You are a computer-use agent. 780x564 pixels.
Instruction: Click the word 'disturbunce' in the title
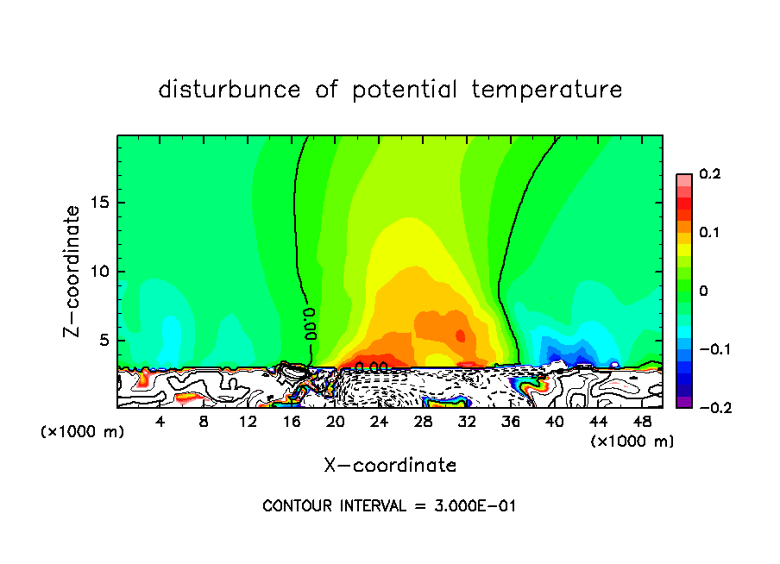pyautogui.click(x=229, y=89)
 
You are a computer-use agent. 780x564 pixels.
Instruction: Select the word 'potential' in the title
pyautogui.click(x=402, y=89)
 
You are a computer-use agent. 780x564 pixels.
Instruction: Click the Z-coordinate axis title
pyautogui.click(x=74, y=271)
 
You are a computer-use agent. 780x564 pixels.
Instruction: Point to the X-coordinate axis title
pyautogui.click(x=390, y=466)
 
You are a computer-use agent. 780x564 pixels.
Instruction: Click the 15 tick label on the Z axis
pyautogui.click(x=98, y=204)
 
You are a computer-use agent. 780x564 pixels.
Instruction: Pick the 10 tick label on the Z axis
pyautogui.click(x=98, y=272)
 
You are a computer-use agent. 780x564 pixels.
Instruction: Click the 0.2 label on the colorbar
pyautogui.click(x=709, y=174)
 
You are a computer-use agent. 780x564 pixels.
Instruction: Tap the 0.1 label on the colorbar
pyautogui.click(x=709, y=232)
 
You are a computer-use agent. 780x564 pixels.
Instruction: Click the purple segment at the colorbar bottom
pyautogui.click(x=684, y=401)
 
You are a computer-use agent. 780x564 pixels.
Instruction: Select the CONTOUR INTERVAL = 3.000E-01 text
pyautogui.click(x=389, y=506)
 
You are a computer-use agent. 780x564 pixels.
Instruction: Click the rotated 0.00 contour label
pyautogui.click(x=311, y=323)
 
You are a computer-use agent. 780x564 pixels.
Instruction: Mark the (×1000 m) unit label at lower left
pyautogui.click(x=82, y=432)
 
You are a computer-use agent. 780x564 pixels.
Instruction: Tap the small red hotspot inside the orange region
pyautogui.click(x=460, y=335)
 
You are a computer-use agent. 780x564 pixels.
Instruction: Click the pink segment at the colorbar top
pyautogui.click(x=684, y=179)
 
